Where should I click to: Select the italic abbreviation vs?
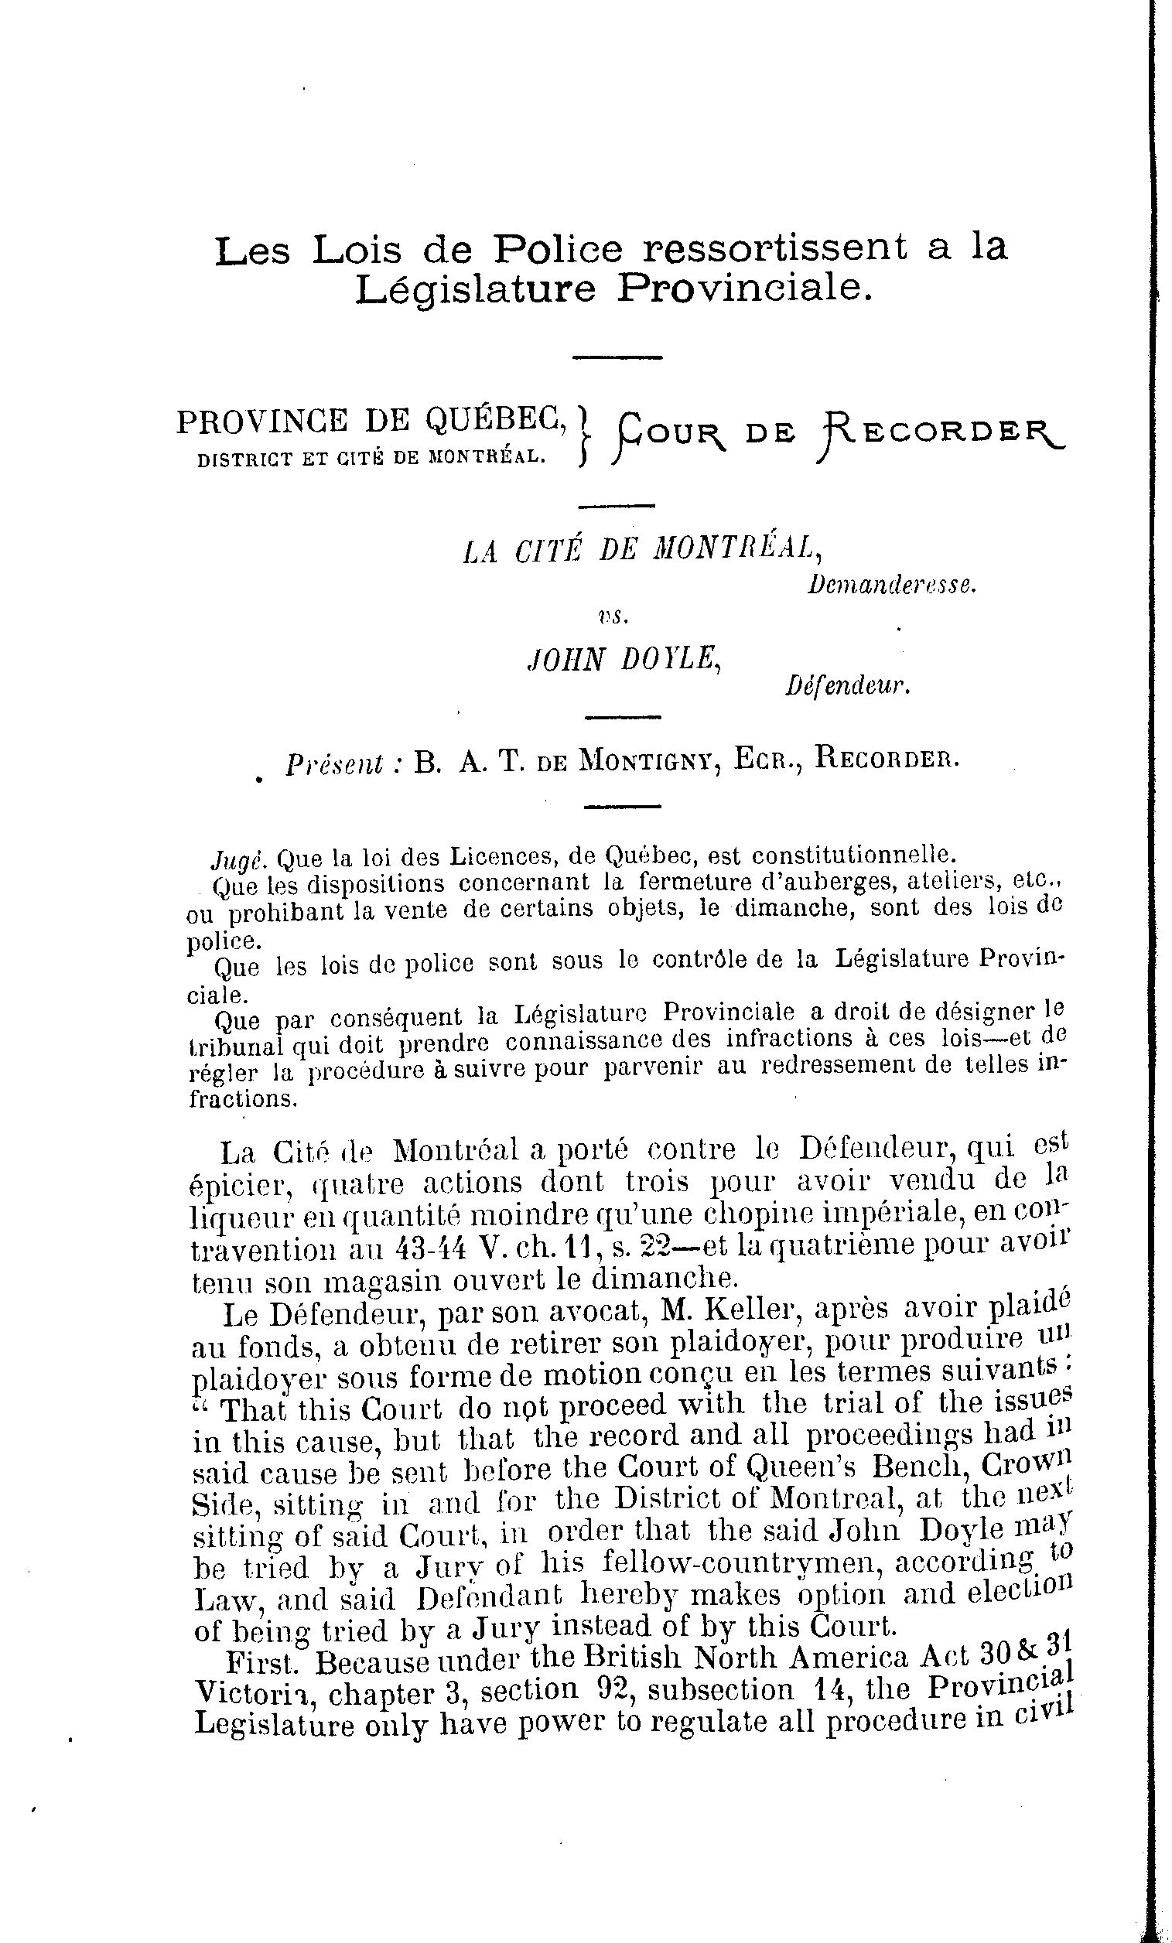(x=613, y=617)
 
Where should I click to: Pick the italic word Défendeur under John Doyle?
(x=848, y=687)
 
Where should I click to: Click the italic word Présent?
(x=334, y=763)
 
